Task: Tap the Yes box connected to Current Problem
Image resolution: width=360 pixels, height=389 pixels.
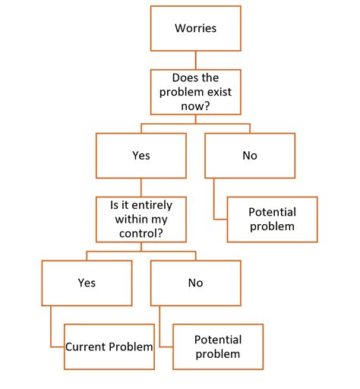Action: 86,283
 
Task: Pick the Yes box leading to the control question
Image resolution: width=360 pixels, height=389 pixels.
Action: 141,155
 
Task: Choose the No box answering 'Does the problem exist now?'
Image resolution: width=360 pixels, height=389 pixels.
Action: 249,155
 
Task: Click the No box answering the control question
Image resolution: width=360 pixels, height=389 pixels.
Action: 195,283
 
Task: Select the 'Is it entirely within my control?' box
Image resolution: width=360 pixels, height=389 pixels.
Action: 141,218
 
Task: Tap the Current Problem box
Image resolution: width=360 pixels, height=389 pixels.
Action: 109,346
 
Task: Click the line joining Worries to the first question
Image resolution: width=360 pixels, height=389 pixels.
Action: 195,62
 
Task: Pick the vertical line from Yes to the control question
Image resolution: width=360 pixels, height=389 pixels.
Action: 141,187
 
